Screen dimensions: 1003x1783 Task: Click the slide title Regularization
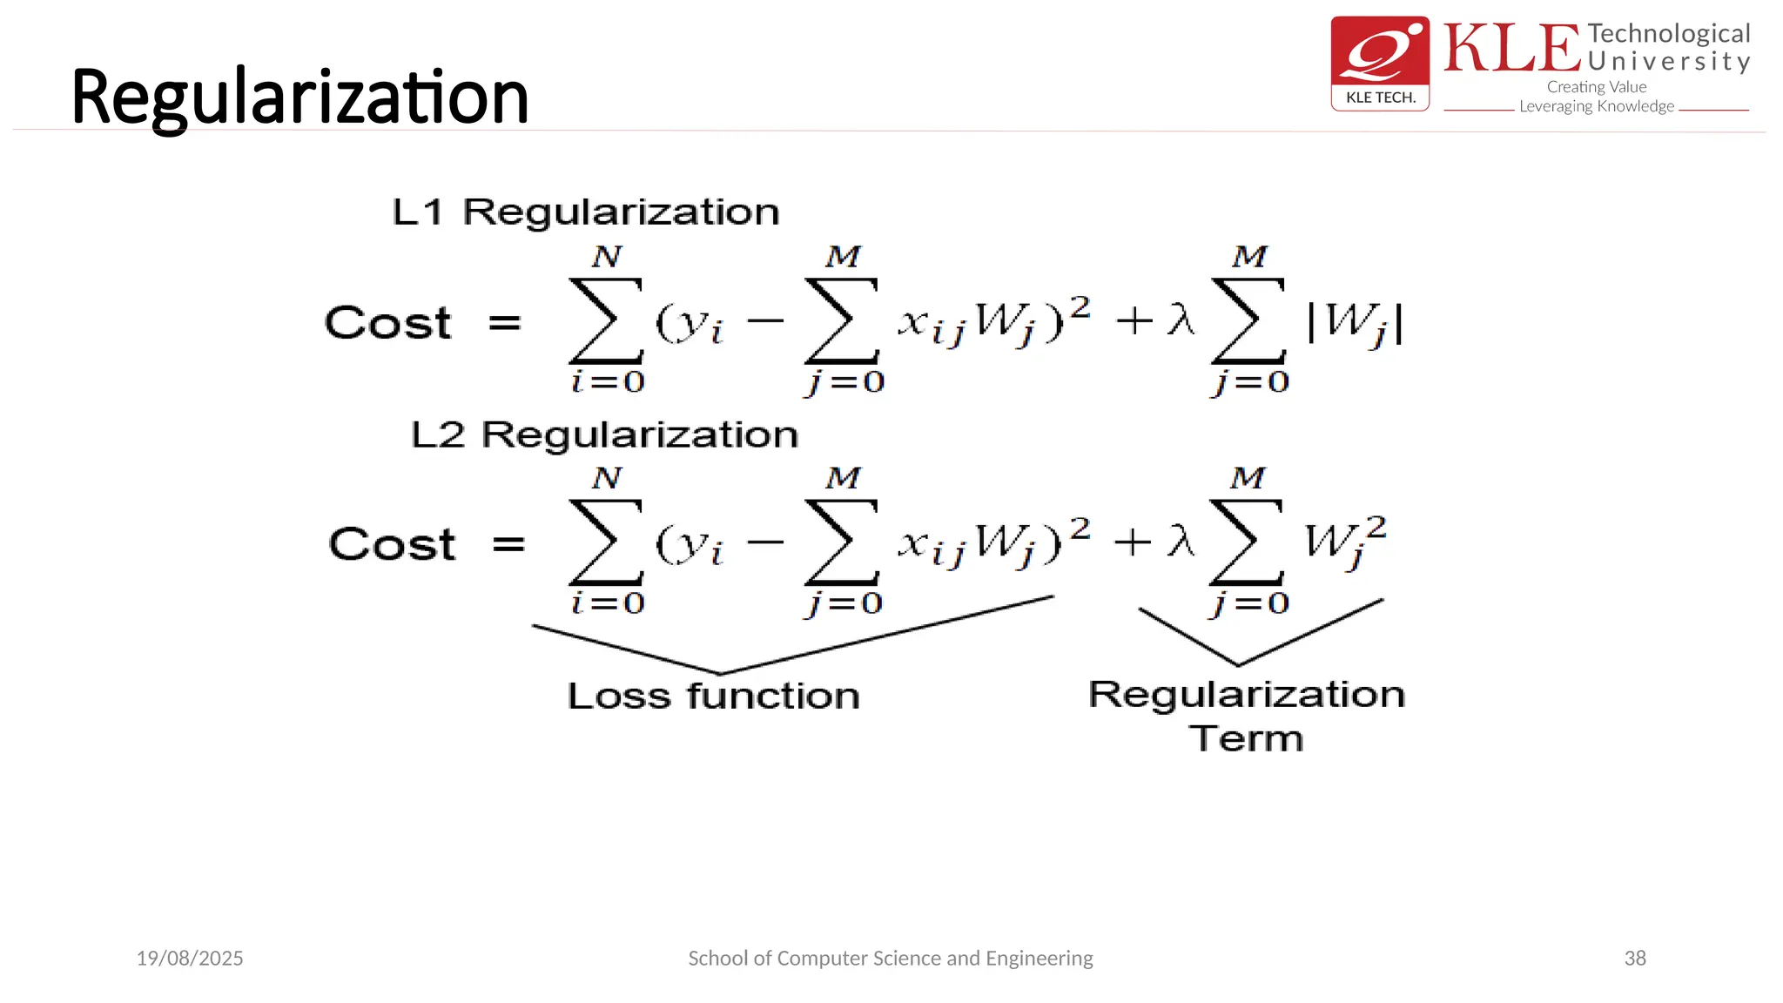coord(299,98)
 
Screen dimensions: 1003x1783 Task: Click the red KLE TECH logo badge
coord(1380,63)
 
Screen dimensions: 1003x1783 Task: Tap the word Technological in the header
coord(1668,33)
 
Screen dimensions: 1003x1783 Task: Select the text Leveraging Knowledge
coord(1596,106)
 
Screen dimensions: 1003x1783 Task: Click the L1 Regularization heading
coord(585,212)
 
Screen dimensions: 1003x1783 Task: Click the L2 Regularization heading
coord(604,434)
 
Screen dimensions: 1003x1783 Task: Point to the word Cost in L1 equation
coord(387,323)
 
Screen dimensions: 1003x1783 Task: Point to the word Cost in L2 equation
coord(392,544)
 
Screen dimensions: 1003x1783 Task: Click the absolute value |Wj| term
coord(1355,324)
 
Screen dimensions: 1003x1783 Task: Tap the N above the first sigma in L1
coord(607,257)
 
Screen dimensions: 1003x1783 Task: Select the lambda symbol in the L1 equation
coord(1181,320)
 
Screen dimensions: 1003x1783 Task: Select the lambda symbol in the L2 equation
coord(1181,541)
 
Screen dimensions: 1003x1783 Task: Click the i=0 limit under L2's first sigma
coord(608,602)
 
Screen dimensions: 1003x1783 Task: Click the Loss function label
coord(713,696)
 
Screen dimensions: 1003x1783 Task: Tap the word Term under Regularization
coord(1246,738)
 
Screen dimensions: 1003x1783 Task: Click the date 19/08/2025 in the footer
coord(190,958)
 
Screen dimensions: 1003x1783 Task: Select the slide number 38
coord(1634,958)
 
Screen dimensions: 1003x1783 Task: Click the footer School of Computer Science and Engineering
coord(890,958)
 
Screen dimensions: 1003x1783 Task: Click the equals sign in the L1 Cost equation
coord(504,323)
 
